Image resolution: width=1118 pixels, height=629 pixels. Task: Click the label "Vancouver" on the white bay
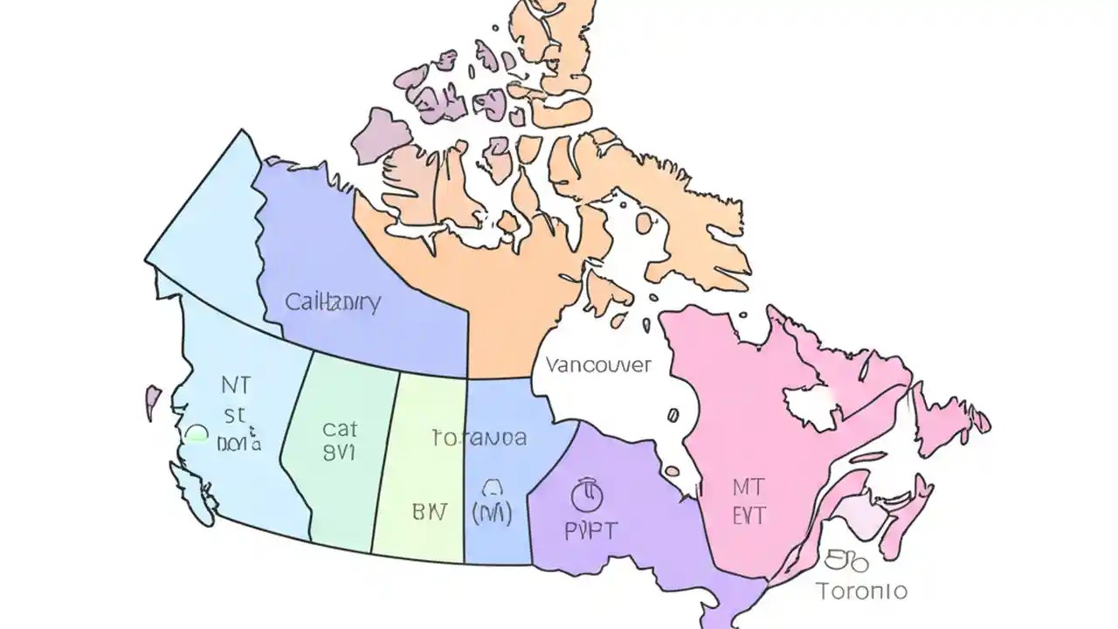tap(598, 364)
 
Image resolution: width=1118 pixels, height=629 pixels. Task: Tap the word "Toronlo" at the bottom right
tap(862, 591)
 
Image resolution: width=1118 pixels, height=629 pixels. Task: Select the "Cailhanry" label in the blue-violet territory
tap(333, 303)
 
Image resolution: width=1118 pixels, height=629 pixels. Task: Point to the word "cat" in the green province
tap(340, 429)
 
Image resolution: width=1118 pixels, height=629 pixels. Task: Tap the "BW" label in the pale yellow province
tap(429, 512)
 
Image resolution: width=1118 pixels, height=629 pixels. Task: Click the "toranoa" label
tap(480, 438)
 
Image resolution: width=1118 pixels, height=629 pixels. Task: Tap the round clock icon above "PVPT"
tap(587, 494)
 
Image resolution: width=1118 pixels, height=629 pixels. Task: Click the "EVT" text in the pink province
tap(749, 515)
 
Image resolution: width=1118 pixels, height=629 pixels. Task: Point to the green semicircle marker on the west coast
tap(197, 432)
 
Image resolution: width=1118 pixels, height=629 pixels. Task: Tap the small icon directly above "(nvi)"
tap(492, 487)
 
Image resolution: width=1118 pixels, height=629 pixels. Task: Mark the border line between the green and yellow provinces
tap(386, 463)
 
